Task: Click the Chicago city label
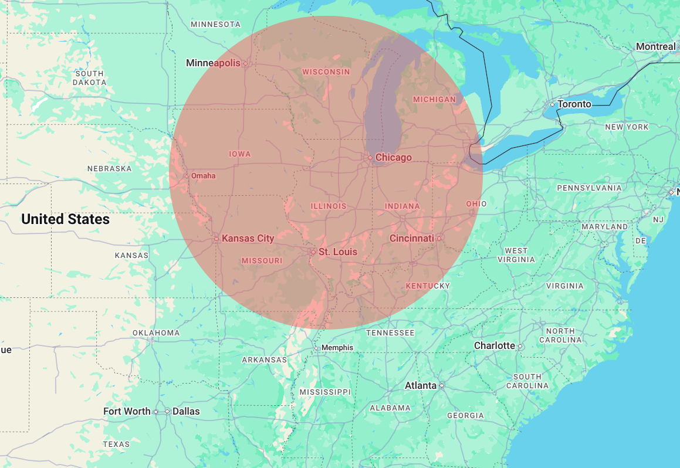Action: [393, 157]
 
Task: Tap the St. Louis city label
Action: [337, 252]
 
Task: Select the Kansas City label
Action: [248, 238]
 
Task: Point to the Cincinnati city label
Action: [412, 238]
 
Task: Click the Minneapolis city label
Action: [213, 63]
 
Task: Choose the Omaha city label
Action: [203, 176]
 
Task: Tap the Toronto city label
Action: [574, 104]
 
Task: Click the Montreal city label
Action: [655, 46]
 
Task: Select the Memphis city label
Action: [337, 348]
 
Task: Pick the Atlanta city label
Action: [421, 385]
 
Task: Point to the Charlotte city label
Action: [494, 345]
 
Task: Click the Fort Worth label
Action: [127, 411]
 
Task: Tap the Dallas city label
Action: [186, 411]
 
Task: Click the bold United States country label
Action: [65, 219]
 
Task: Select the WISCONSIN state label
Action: [326, 72]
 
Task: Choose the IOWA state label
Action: [239, 154]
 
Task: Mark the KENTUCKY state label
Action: [428, 286]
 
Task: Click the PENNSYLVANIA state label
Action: [589, 188]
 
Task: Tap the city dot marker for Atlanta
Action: [442, 386]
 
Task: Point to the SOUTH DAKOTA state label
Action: [90, 78]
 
